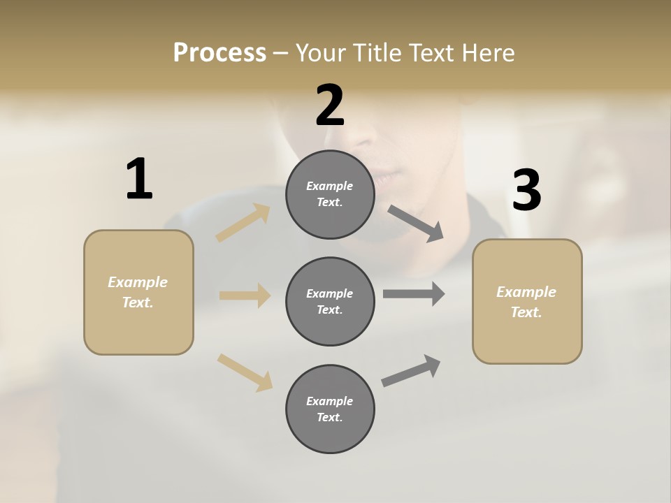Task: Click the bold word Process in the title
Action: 219,53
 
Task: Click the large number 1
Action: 139,180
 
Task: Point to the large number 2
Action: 330,105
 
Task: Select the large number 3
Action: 526,190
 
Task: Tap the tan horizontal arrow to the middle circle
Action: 245,296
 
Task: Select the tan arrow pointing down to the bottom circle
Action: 245,372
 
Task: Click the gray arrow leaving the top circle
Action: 415,224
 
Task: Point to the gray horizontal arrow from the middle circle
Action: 414,294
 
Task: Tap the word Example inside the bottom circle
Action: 330,401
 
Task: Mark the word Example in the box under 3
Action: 526,292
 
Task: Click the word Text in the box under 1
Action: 137,302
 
